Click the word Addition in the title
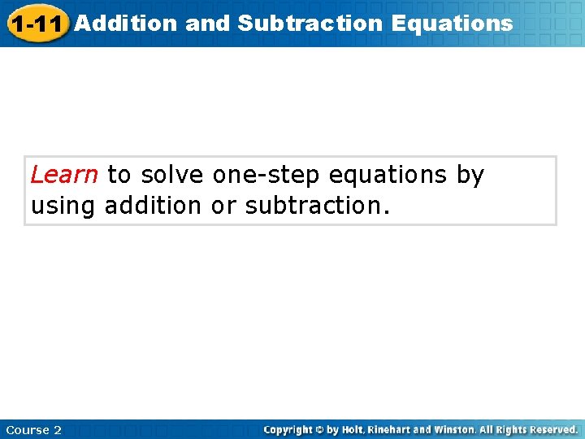[x=125, y=23]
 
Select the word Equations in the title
[x=452, y=23]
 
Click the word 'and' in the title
[x=208, y=23]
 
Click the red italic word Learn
[x=64, y=175]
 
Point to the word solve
[x=173, y=175]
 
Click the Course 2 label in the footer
[x=33, y=429]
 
